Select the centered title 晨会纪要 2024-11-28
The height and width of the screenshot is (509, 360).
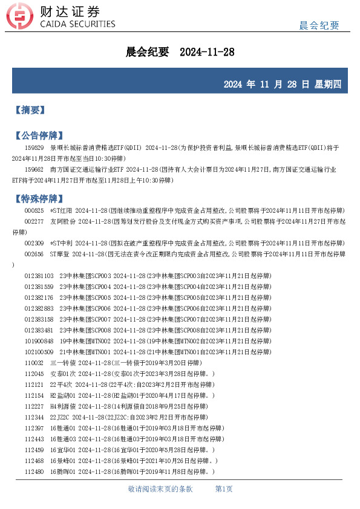tap(180, 53)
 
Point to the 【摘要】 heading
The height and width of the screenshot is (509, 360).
tap(30, 110)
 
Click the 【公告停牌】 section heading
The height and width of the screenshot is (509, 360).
tap(38, 135)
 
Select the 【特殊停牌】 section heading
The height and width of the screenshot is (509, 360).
tap(38, 198)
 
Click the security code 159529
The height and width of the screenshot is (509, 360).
tap(34, 148)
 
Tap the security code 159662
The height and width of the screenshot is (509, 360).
tap(34, 169)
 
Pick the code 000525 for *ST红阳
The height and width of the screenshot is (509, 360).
tap(34, 210)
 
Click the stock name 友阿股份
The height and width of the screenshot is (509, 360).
tap(62, 221)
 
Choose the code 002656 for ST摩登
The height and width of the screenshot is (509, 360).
tap(34, 254)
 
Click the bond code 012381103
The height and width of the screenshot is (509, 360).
tap(39, 276)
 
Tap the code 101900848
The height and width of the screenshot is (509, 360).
tap(39, 341)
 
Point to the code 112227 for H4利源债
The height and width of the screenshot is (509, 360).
tap(34, 406)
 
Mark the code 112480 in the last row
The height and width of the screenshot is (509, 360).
tap(34, 472)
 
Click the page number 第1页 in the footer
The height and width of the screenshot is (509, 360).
tap(224, 488)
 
